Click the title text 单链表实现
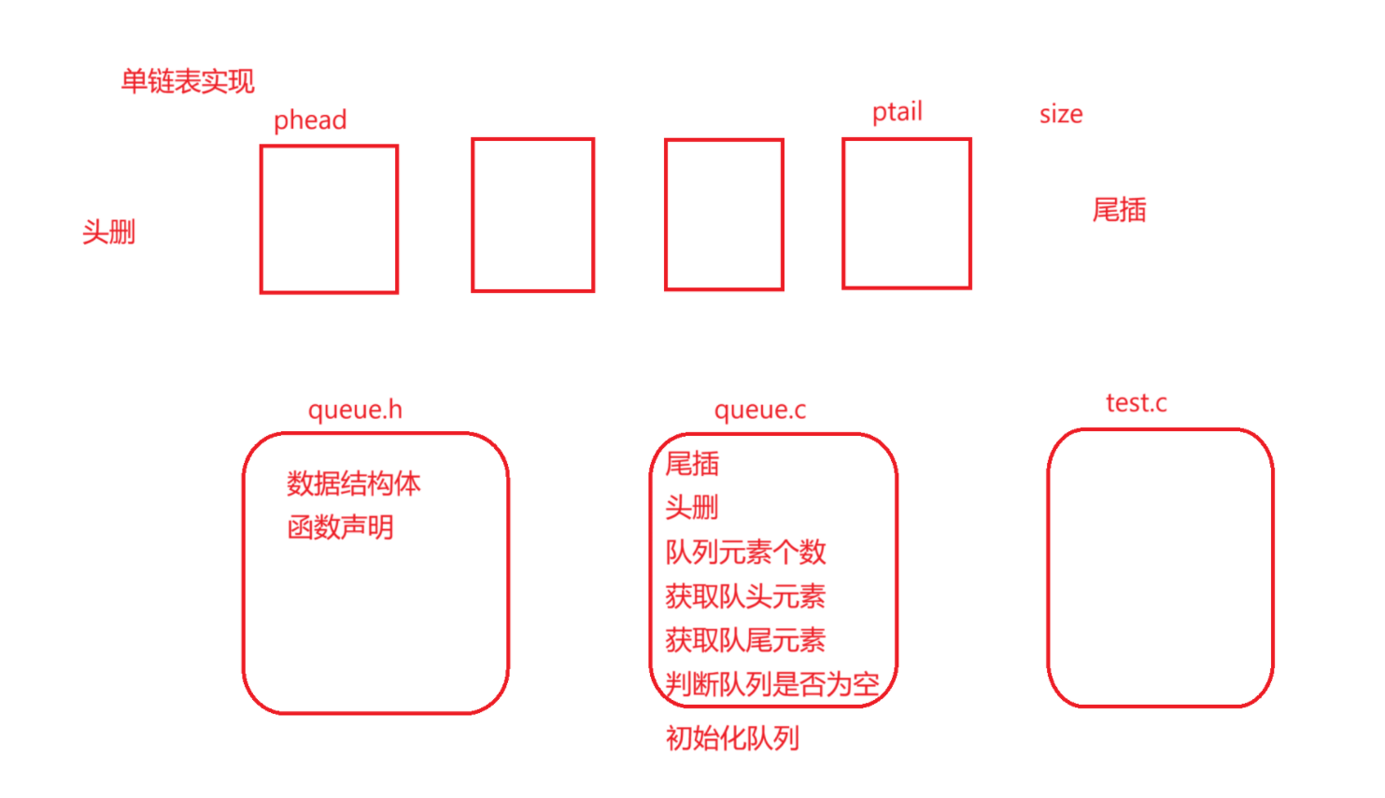coord(187,81)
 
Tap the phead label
coord(310,120)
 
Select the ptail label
coord(897,112)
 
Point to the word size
coord(1061,114)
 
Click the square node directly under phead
coord(329,219)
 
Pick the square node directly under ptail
coord(906,214)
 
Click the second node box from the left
coord(532,216)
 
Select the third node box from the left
coord(724,215)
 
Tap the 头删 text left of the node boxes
coord(108,231)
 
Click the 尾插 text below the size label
coord(1119,210)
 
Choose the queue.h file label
coord(355,410)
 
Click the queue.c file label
coord(759,410)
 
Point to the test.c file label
coord(1136,403)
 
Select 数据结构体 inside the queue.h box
coord(353,483)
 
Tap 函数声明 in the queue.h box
coord(340,527)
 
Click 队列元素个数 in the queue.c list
coord(745,552)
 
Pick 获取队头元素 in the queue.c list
coord(745,595)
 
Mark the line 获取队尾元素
coord(745,640)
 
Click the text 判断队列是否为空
coord(771,684)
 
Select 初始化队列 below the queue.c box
coord(732,738)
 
